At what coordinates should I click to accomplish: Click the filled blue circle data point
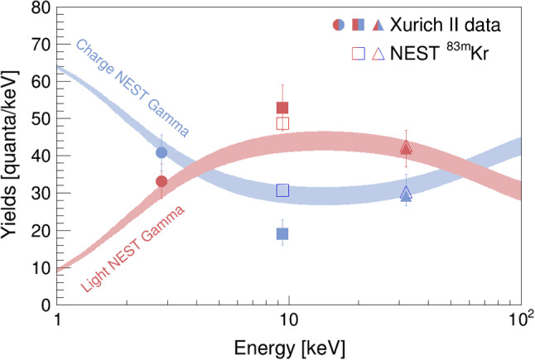tap(161, 152)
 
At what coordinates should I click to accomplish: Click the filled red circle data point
tap(161, 181)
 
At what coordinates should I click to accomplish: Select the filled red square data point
tap(282, 108)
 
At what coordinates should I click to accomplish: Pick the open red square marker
tap(282, 123)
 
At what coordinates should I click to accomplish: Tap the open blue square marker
tap(282, 190)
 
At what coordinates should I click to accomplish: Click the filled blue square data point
tap(282, 233)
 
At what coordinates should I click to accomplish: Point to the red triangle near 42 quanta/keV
tap(406, 147)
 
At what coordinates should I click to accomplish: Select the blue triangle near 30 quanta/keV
tap(406, 194)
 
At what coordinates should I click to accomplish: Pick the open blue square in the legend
tap(359, 54)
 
